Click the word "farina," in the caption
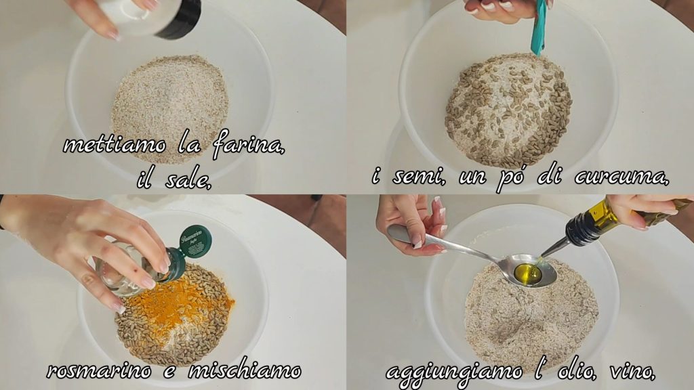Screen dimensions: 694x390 coord(248,144)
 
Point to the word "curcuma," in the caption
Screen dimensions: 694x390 coord(622,177)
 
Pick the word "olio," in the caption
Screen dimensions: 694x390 coord(576,370)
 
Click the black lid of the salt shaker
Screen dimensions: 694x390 coord(179,18)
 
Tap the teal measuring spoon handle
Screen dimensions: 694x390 coord(539,27)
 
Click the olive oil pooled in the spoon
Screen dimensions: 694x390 coord(529,273)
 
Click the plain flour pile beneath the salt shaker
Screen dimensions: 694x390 coord(170,108)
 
